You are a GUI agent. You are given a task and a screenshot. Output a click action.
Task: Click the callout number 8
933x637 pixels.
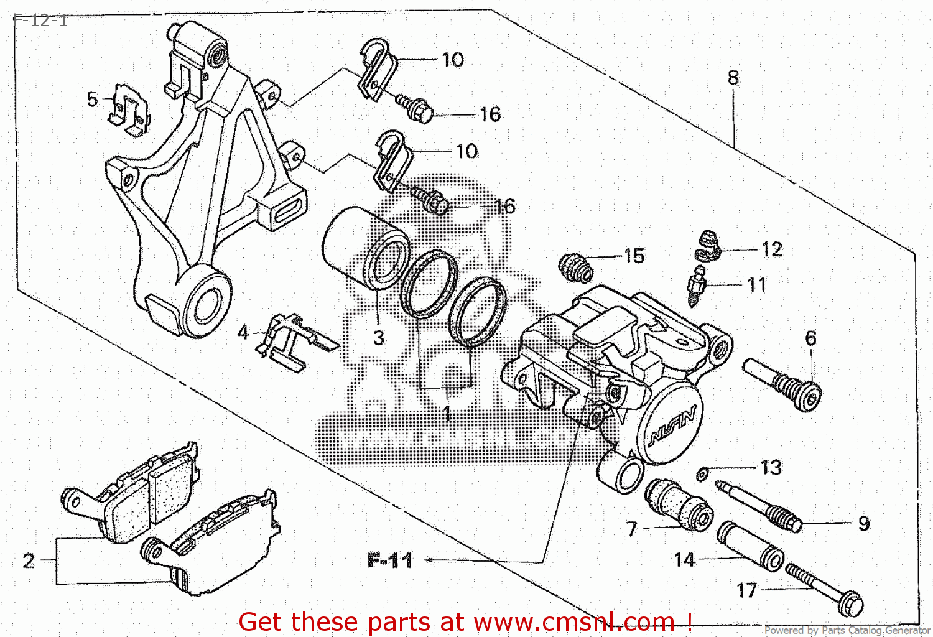click(733, 78)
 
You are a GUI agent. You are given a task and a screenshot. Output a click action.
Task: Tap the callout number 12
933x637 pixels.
click(772, 249)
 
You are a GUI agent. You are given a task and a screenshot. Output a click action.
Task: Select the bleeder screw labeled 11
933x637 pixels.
click(697, 286)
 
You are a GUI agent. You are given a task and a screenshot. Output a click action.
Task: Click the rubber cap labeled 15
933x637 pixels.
click(576, 267)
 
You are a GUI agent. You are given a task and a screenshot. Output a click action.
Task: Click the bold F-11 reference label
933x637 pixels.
click(390, 560)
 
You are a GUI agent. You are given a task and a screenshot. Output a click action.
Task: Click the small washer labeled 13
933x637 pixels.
click(702, 475)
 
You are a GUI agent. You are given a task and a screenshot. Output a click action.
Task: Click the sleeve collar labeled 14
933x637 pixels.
click(750, 546)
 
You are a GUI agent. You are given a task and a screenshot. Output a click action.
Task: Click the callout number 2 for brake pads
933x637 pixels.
click(29, 560)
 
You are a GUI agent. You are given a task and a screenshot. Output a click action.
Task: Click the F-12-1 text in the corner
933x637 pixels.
click(40, 20)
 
